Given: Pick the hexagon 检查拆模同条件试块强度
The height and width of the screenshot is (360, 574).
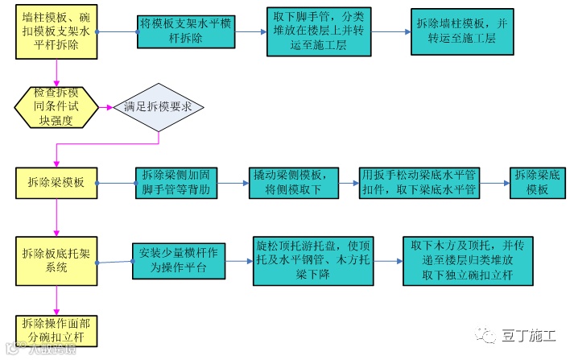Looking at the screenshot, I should coord(56,108).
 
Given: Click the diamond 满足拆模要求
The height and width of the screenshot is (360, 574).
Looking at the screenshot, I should coord(158,107).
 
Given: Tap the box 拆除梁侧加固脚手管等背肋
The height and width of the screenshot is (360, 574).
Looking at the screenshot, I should coord(176,183).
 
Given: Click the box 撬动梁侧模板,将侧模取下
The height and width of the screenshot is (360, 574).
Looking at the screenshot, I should coord(288,183).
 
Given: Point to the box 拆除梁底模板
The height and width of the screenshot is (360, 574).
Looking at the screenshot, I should coord(537,183).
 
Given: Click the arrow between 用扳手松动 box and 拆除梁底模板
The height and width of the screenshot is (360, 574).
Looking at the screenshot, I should coord(495,183).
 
